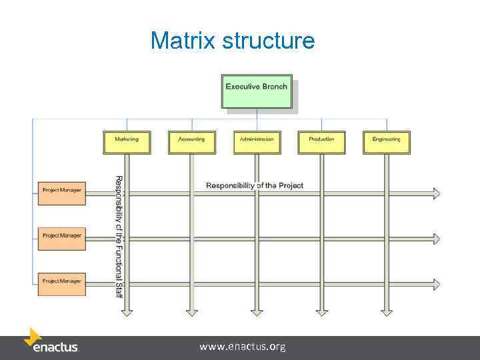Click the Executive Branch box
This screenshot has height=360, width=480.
coord(257,91)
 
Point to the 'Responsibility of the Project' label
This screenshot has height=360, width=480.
coord(254,185)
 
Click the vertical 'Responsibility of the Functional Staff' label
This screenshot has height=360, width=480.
coord(118,237)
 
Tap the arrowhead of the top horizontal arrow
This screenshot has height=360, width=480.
coord(436,193)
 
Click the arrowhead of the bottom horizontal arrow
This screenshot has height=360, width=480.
coord(436,285)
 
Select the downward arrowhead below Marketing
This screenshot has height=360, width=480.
coord(127,311)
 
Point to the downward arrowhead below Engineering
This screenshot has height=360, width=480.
coord(387,311)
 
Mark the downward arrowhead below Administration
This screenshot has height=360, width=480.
coord(257,311)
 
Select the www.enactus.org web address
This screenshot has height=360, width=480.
coord(243,347)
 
